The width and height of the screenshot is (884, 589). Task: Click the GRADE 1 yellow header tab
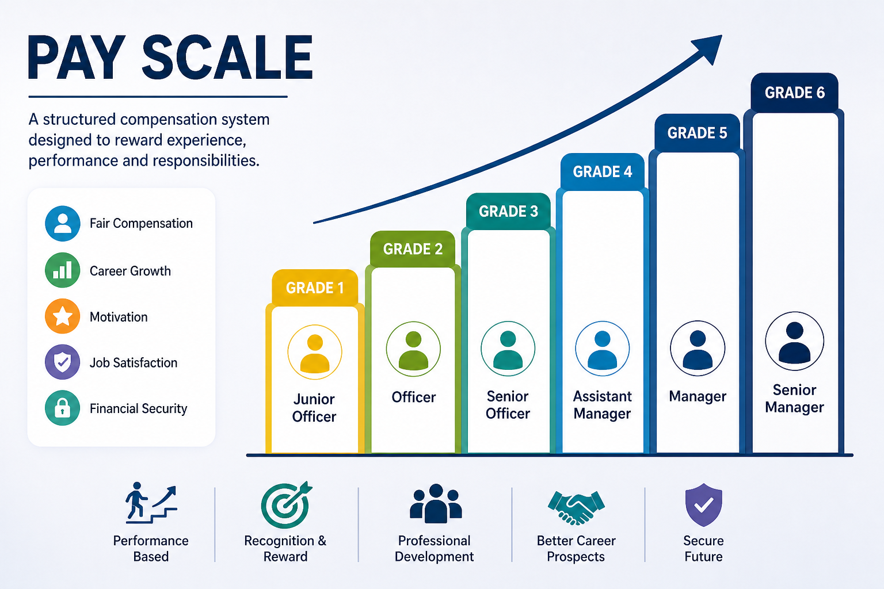(x=315, y=288)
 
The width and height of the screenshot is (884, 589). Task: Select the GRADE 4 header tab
(x=602, y=171)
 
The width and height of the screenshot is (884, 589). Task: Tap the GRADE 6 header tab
(x=794, y=92)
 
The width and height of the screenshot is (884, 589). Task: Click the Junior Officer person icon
(x=315, y=352)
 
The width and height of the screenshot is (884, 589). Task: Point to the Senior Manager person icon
(x=794, y=341)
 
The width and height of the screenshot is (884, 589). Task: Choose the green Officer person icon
(x=413, y=349)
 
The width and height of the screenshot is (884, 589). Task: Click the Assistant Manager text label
(x=602, y=405)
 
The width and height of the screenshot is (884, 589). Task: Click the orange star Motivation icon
(x=62, y=316)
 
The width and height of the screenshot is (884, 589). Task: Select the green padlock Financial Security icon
(x=62, y=408)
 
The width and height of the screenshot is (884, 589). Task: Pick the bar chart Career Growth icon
(x=62, y=270)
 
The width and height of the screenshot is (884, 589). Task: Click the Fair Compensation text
(x=141, y=223)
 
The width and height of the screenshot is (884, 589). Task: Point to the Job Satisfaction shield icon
(x=62, y=362)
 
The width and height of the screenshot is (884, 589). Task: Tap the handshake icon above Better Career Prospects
(x=576, y=507)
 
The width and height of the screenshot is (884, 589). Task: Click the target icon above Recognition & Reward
(x=285, y=505)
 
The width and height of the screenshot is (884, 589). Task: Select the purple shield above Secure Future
(x=704, y=505)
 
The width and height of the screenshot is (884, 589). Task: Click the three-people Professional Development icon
(x=435, y=504)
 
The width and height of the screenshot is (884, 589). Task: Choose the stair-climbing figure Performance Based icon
(x=151, y=503)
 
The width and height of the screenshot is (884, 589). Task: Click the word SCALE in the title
(x=227, y=58)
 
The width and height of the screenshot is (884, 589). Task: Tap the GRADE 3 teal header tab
(x=508, y=211)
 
